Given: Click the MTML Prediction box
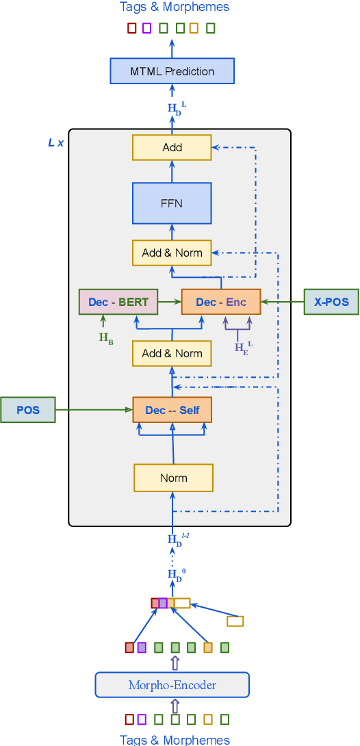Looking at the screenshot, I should pos(172,71).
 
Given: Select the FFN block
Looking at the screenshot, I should pos(172,203).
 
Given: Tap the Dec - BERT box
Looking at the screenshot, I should pos(118,302).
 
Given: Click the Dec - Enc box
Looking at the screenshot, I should pos(221,302).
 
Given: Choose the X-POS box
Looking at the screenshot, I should pos(331,302).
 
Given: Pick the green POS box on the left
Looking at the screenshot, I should pos(28,410).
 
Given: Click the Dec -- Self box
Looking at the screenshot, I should pos(172,410).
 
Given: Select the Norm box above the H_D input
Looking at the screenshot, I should pos(173,478).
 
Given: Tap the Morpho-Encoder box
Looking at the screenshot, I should pos(172,685).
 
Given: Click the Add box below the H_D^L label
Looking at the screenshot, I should pos(172,147).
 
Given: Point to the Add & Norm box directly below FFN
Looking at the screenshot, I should pos(172,253).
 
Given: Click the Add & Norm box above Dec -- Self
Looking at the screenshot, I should pos(172,353).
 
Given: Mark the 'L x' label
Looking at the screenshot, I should pos(55,142).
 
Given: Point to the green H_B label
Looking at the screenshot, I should pos(106,337).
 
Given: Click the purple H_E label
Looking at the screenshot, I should pos(242,347).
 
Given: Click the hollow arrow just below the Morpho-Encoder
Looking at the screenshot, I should pos(175,706).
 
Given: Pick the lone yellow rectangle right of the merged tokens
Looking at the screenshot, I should pos(235,621).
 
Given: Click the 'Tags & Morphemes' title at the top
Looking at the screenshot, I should pos(174,7).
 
